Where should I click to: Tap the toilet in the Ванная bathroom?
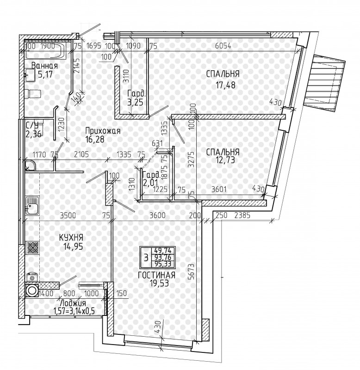click(x=32, y=93)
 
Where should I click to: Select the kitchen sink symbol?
click(x=32, y=206)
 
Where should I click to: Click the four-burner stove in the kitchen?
click(x=32, y=248)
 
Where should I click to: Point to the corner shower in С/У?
click(x=30, y=166)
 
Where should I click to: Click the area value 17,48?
click(x=225, y=85)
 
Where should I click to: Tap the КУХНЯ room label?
click(x=71, y=237)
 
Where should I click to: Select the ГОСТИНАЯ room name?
click(x=156, y=275)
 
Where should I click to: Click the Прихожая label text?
click(x=103, y=131)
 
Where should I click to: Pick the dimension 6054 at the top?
click(x=223, y=46)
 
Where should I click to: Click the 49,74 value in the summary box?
click(x=164, y=251)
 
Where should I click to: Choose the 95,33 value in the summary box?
click(x=164, y=264)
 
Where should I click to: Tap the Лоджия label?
click(x=73, y=303)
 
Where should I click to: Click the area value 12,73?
click(x=225, y=160)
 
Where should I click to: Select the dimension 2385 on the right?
click(x=242, y=215)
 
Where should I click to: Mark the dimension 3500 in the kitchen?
click(x=68, y=216)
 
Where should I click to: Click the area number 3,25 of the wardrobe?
click(x=135, y=103)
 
